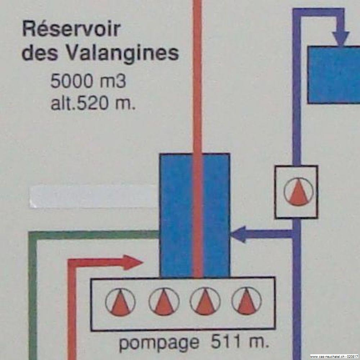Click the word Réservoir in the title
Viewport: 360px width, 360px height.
pyautogui.click(x=71, y=30)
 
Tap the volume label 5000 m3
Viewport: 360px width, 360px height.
pyautogui.click(x=88, y=82)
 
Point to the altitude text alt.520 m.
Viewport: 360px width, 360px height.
pyautogui.click(x=93, y=104)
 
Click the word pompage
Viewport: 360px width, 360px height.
pyautogui.click(x=158, y=343)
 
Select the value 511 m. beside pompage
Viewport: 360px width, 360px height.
pyautogui.click(x=239, y=342)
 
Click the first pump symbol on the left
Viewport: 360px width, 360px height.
pyautogui.click(x=120, y=302)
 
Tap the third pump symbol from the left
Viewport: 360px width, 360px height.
pyautogui.click(x=205, y=302)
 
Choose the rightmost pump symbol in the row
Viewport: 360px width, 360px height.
pyautogui.click(x=246, y=301)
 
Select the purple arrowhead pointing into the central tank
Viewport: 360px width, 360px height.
pyautogui.click(x=238, y=234)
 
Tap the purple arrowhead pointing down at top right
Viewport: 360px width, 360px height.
pyautogui.click(x=341, y=38)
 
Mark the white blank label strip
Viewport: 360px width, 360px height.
pyautogui.click(x=94, y=197)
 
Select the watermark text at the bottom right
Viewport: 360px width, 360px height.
pyautogui.click(x=334, y=356)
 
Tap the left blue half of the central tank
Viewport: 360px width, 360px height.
pyautogui.click(x=176, y=216)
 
